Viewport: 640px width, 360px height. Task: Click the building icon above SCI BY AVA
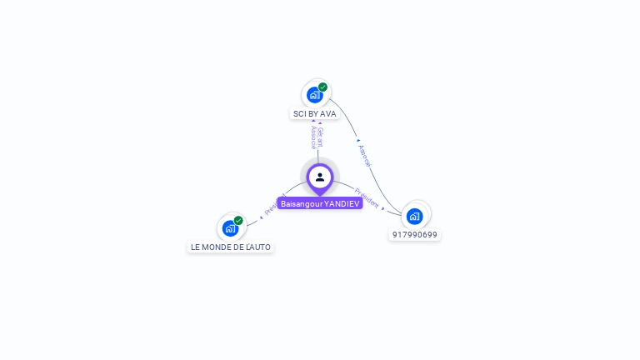coord(314,95)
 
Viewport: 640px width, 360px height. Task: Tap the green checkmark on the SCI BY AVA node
coord(322,87)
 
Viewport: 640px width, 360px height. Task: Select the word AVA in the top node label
coord(327,113)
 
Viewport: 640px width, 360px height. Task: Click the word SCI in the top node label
coord(299,113)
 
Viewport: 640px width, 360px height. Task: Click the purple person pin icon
coord(320,177)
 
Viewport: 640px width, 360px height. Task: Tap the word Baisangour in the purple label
coord(302,203)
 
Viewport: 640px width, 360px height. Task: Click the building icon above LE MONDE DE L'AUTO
coord(230,228)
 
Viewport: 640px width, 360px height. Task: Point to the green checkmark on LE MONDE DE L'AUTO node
coord(238,220)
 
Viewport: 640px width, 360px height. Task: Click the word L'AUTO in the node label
coord(257,247)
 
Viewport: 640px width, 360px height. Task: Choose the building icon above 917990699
coord(414,217)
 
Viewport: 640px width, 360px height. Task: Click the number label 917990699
coord(415,235)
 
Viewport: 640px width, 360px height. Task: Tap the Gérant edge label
coord(320,136)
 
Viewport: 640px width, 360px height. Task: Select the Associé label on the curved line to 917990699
coord(363,156)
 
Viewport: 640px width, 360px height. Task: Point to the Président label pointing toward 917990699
coord(367,197)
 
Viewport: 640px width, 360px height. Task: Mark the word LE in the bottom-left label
coord(196,247)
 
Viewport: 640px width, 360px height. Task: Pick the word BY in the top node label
coord(312,113)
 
